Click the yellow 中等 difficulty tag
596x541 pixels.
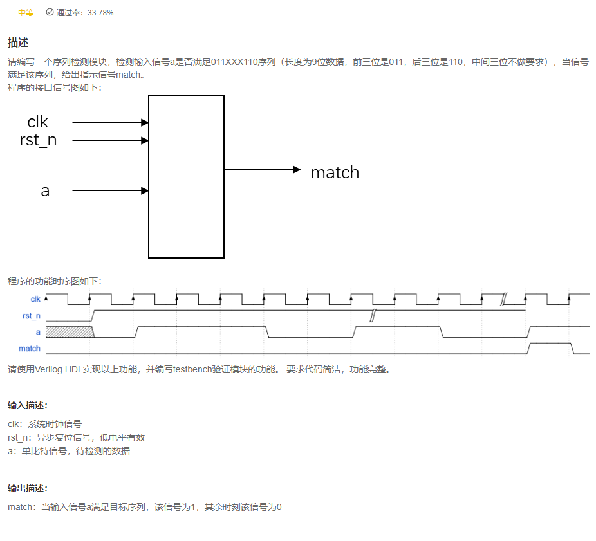pos(25,12)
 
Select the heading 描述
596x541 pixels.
pos(17,43)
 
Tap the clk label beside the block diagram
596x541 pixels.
pos(37,122)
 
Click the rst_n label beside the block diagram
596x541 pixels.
pos(38,140)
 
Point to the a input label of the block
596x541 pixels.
pos(45,191)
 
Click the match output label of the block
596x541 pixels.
pos(335,172)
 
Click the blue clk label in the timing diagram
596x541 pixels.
pos(35,299)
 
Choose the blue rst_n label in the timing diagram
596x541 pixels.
pos(31,316)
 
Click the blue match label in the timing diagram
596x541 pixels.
pos(30,349)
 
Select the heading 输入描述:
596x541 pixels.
pos(27,405)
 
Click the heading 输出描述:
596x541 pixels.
pos(27,488)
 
